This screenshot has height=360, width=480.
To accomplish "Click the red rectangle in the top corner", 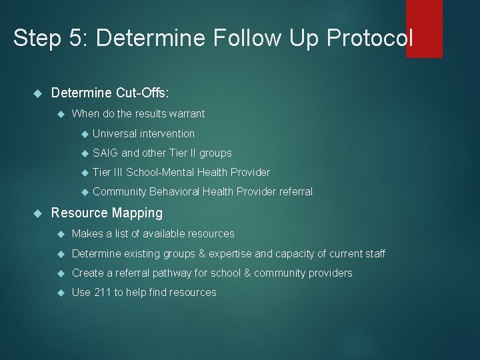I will tap(424, 28).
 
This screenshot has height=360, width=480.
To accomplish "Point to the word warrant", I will tap(187, 113).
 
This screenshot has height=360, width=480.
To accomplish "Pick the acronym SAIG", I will tap(105, 153).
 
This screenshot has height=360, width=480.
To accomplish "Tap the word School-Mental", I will tap(159, 172).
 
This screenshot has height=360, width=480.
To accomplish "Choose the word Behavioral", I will tap(175, 191).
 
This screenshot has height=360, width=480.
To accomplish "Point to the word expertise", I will tap(236, 253).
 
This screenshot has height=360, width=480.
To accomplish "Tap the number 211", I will tap(103, 292).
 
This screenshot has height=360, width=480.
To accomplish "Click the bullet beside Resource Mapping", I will tap(37, 213).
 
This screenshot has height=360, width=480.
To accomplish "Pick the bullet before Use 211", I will tap(61, 293).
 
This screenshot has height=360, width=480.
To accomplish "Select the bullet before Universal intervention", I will tap(83, 134).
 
